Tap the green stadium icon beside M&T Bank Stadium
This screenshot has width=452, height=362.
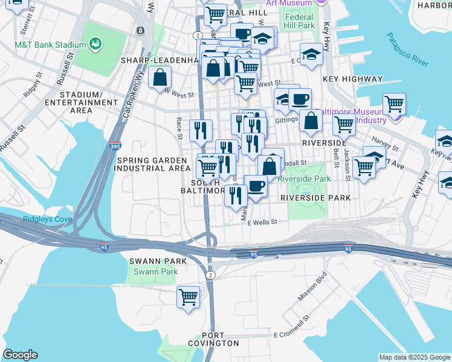point(95,43)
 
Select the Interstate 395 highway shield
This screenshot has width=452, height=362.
point(115,146)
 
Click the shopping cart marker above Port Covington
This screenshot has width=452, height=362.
point(188,297)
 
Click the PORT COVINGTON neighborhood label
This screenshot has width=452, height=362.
point(221,339)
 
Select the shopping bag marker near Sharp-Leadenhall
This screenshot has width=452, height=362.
point(160,77)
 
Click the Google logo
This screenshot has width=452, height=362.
point(20,355)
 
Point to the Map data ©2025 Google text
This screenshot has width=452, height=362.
point(415,357)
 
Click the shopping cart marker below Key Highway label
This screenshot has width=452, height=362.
point(393,104)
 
